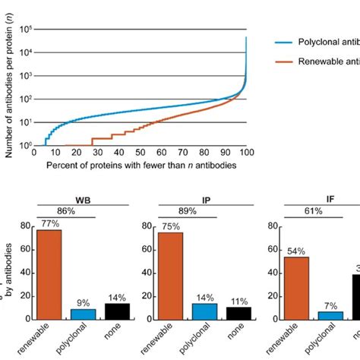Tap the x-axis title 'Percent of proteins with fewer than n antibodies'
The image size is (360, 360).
click(x=141, y=166)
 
